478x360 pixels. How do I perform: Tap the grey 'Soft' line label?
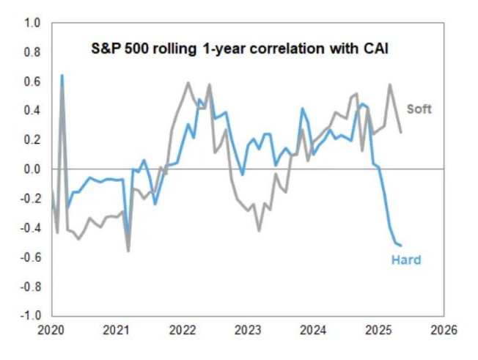[x=419, y=109]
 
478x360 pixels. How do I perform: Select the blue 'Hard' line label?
[x=406, y=260]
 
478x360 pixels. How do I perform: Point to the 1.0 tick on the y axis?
[x=32, y=23]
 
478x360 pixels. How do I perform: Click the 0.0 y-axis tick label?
[x=32, y=169]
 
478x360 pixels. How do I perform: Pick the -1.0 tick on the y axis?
[x=30, y=316]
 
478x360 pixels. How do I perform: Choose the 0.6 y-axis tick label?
[x=32, y=81]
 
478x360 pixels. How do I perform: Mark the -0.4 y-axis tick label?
[x=30, y=228]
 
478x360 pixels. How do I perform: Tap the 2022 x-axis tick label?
[x=183, y=331]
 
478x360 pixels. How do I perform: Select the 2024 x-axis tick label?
[x=313, y=331]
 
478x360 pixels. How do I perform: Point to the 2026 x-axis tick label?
[x=443, y=331]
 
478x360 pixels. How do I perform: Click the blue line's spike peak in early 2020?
[x=62, y=75]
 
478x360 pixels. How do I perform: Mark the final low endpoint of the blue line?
[x=401, y=246]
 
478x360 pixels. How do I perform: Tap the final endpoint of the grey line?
[x=400, y=133]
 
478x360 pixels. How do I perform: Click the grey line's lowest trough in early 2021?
[x=128, y=251]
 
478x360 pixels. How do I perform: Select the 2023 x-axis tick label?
[x=248, y=331]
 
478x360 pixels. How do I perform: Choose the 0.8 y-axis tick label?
[x=32, y=52]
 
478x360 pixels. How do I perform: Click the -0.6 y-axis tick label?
[x=30, y=257]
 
